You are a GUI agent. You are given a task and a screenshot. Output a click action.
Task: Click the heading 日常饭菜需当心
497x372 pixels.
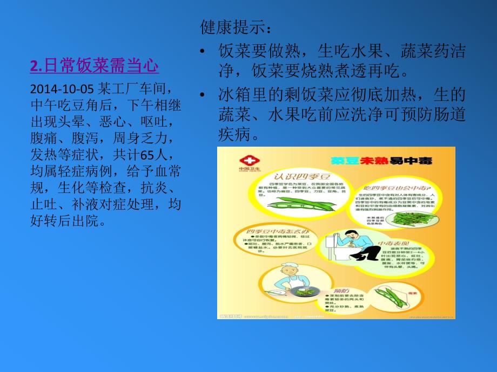95,66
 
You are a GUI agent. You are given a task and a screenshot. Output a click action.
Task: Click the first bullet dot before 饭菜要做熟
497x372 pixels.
202,52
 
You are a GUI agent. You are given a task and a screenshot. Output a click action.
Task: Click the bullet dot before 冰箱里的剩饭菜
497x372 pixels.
202,95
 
